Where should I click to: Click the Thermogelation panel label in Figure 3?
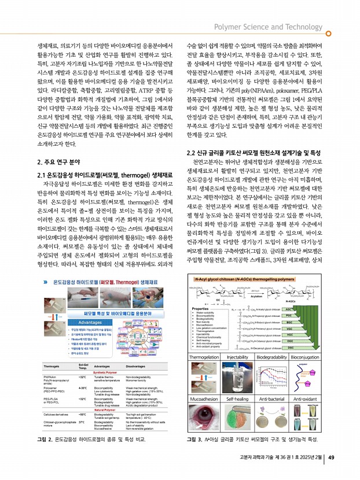tap(206, 342)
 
